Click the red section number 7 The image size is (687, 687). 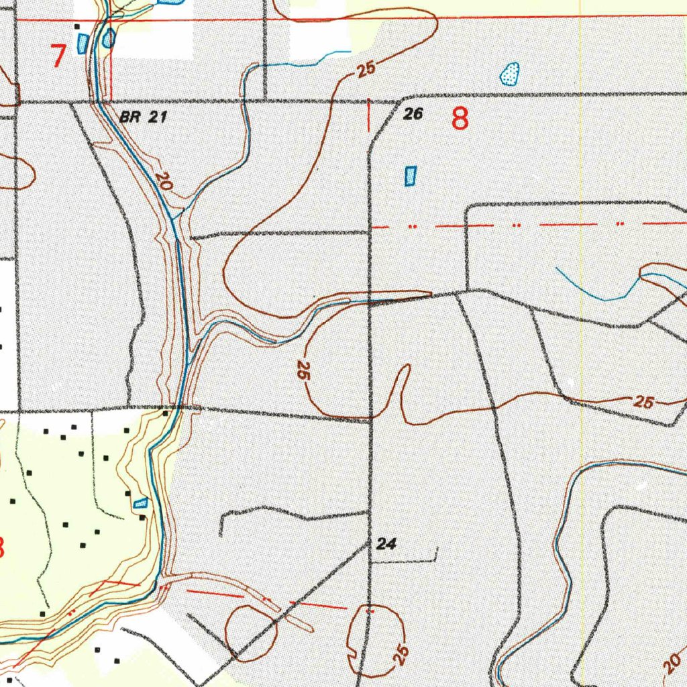[x=59, y=56]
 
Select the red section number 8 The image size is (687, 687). [x=460, y=119]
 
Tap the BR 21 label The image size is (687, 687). [x=143, y=117]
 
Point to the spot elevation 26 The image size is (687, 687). [x=413, y=114]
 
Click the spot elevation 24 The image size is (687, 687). [x=386, y=544]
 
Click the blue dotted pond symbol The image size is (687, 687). [x=510, y=73]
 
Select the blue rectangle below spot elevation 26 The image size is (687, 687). [x=410, y=176]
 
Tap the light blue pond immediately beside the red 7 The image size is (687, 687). [x=83, y=44]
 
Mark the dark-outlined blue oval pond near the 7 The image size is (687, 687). [x=108, y=38]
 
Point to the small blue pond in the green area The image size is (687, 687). [x=140, y=503]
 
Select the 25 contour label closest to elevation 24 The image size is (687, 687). [x=401, y=653]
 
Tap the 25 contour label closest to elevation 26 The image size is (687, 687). [x=366, y=70]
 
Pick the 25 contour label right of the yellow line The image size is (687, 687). [x=643, y=403]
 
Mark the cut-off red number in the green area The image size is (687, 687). [x=2, y=547]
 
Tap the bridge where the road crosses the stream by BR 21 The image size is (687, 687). [x=99, y=103]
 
